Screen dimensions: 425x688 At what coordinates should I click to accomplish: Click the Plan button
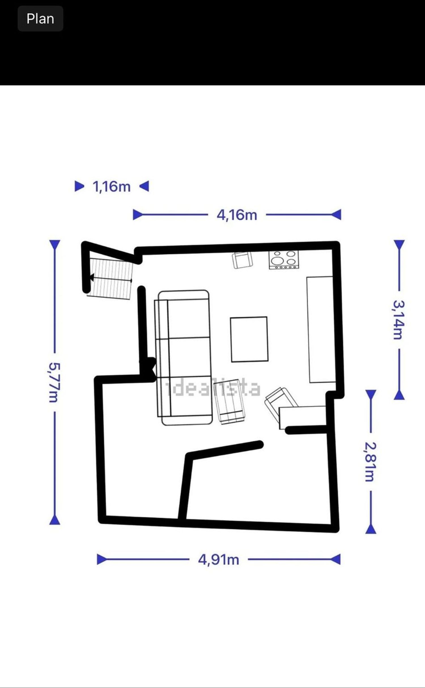[x=40, y=19]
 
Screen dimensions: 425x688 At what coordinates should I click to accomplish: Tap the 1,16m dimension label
[x=112, y=187]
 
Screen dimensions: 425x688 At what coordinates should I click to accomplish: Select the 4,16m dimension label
[x=237, y=215]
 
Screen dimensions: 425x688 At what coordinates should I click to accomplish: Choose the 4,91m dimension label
[x=218, y=560]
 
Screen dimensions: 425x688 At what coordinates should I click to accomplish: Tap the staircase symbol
[x=110, y=280]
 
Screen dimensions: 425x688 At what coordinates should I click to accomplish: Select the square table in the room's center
[x=249, y=339]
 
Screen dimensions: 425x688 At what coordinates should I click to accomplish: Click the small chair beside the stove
[x=243, y=260]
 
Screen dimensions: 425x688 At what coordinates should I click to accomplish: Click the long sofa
[x=183, y=358]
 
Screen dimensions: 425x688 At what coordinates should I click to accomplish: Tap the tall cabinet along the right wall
[x=320, y=329]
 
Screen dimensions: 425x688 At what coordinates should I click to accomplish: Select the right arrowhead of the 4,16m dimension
[x=336, y=215]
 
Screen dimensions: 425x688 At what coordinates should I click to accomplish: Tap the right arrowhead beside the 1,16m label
[x=144, y=186]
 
